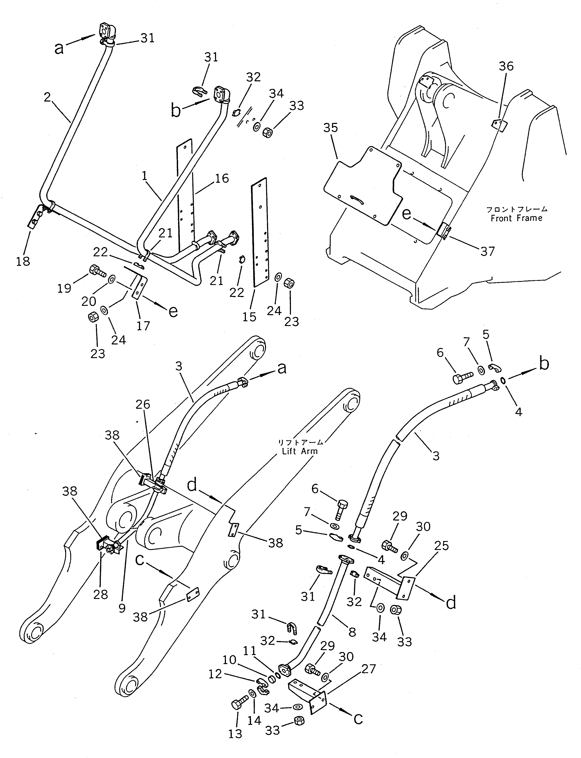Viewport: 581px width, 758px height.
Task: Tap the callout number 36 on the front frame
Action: pyautogui.click(x=506, y=66)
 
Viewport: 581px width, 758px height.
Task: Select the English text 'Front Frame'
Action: pyautogui.click(x=516, y=218)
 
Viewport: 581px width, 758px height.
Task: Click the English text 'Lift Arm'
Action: pyautogui.click(x=300, y=451)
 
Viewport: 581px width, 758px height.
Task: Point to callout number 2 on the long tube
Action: pyautogui.click(x=47, y=97)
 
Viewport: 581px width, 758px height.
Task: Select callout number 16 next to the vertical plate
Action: pyautogui.click(x=222, y=179)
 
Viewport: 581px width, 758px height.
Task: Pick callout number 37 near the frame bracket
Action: pyautogui.click(x=488, y=251)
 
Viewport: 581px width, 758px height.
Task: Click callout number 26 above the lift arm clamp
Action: pyautogui.click(x=143, y=404)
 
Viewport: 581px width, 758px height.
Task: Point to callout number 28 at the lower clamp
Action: pyautogui.click(x=100, y=594)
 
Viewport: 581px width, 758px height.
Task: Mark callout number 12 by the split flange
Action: pyautogui.click(x=215, y=674)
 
